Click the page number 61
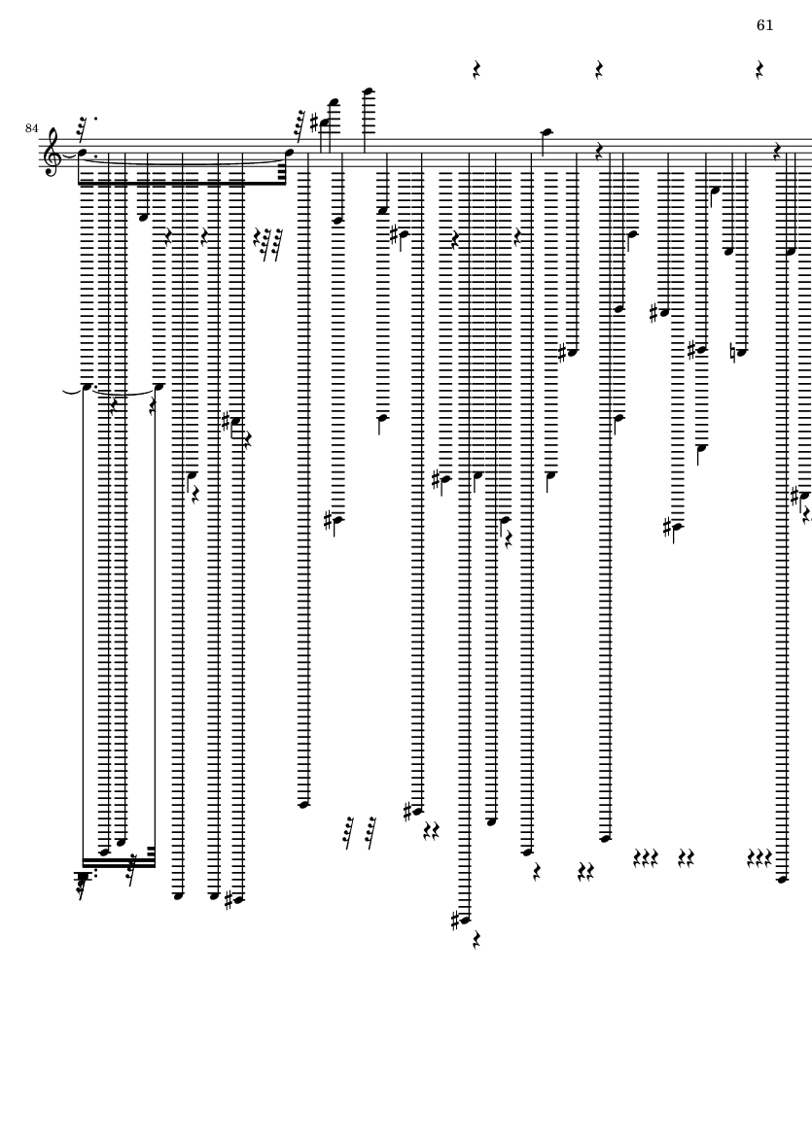pyautogui.click(x=764, y=25)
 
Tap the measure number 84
pyautogui.click(x=31, y=128)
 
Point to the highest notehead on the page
pyautogui.click(x=369, y=91)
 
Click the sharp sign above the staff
pyautogui.click(x=315, y=123)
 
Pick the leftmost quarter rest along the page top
pyautogui.click(x=477, y=70)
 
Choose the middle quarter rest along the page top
pyautogui.click(x=599, y=70)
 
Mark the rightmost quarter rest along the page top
pyautogui.click(x=759, y=70)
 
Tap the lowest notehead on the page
pyautogui.click(x=465, y=921)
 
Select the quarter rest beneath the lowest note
pyautogui.click(x=477, y=939)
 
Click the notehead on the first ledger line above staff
pyautogui.click(x=546, y=132)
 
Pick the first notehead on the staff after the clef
pyautogui.click(x=83, y=154)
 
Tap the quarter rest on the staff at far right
pyautogui.click(x=778, y=153)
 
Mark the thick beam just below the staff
pyautogui.click(x=182, y=183)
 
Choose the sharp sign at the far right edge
pyautogui.click(x=794, y=497)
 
